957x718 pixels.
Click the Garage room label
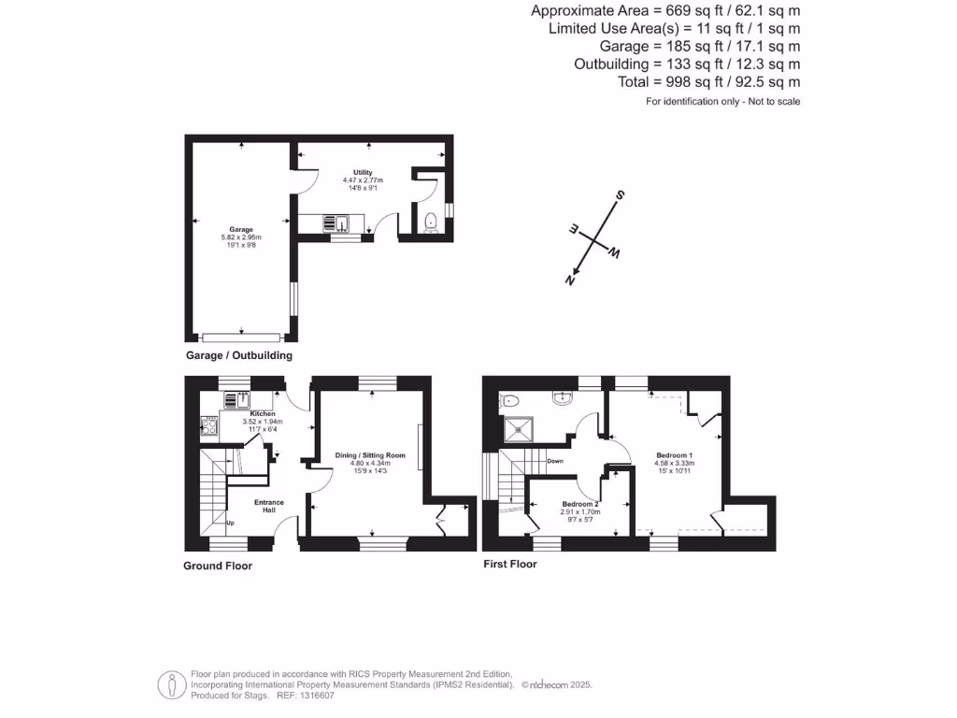pos(242,229)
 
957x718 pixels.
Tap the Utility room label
pos(363,173)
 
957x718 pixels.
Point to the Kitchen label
pos(263,413)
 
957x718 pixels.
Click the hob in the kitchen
pos(209,426)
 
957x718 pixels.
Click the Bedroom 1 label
pos(673,455)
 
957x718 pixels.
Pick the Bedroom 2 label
pos(580,504)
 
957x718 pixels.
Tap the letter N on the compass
pos(570,279)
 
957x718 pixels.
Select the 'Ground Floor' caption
pos(218,566)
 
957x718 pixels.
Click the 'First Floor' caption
pos(510,564)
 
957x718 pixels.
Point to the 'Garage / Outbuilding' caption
pos(238,355)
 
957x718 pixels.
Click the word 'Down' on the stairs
pos(555,461)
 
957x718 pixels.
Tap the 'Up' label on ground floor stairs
pos(230,523)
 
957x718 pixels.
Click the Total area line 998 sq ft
pos(708,82)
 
